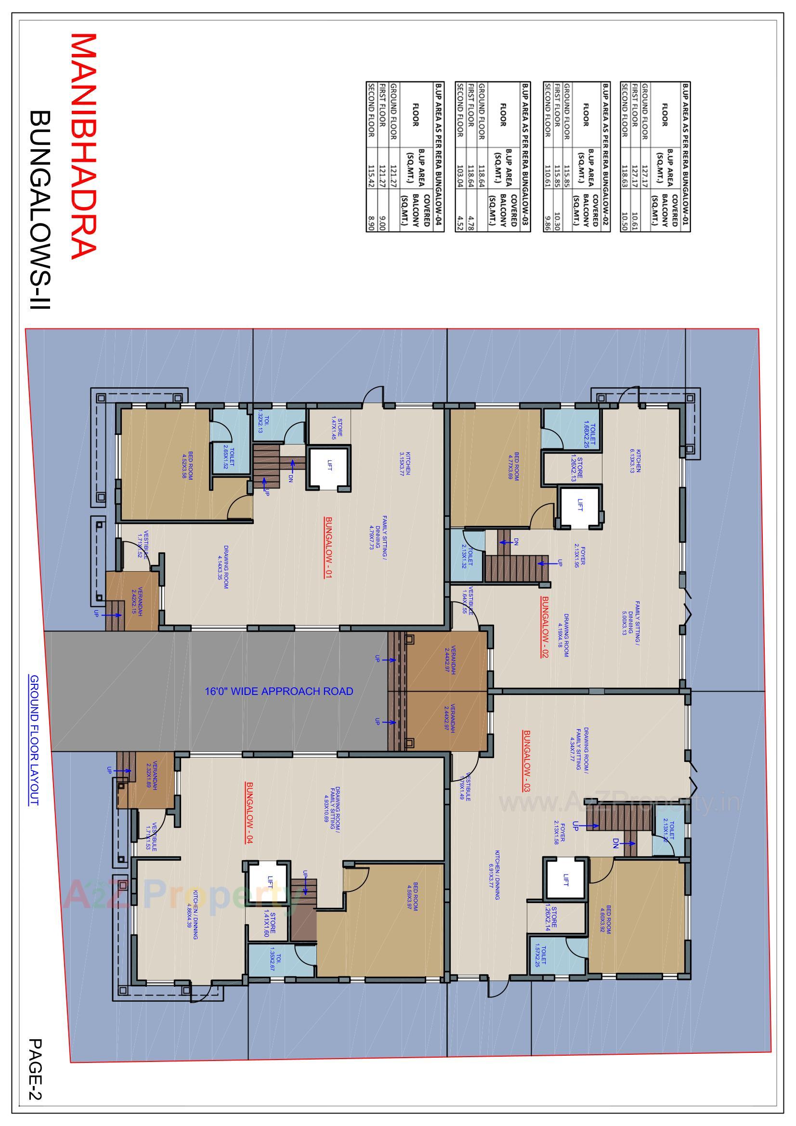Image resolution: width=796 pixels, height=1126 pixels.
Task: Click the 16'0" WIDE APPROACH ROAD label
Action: (278, 692)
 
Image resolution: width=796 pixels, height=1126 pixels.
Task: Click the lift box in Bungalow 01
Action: (329, 468)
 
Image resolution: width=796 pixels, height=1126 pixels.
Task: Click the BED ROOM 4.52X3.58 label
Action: (187, 465)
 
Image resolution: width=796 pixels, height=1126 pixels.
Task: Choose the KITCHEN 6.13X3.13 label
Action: (636, 460)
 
